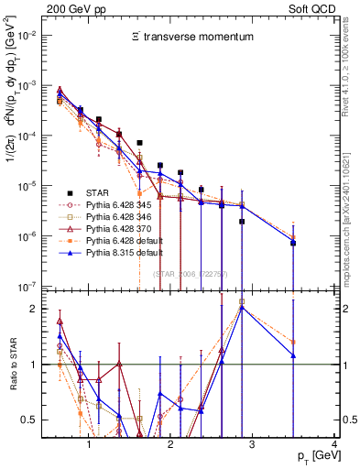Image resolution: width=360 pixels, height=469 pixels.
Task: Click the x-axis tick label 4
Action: pyautogui.click(x=335, y=444)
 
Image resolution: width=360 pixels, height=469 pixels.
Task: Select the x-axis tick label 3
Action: pyautogui.click(x=253, y=444)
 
